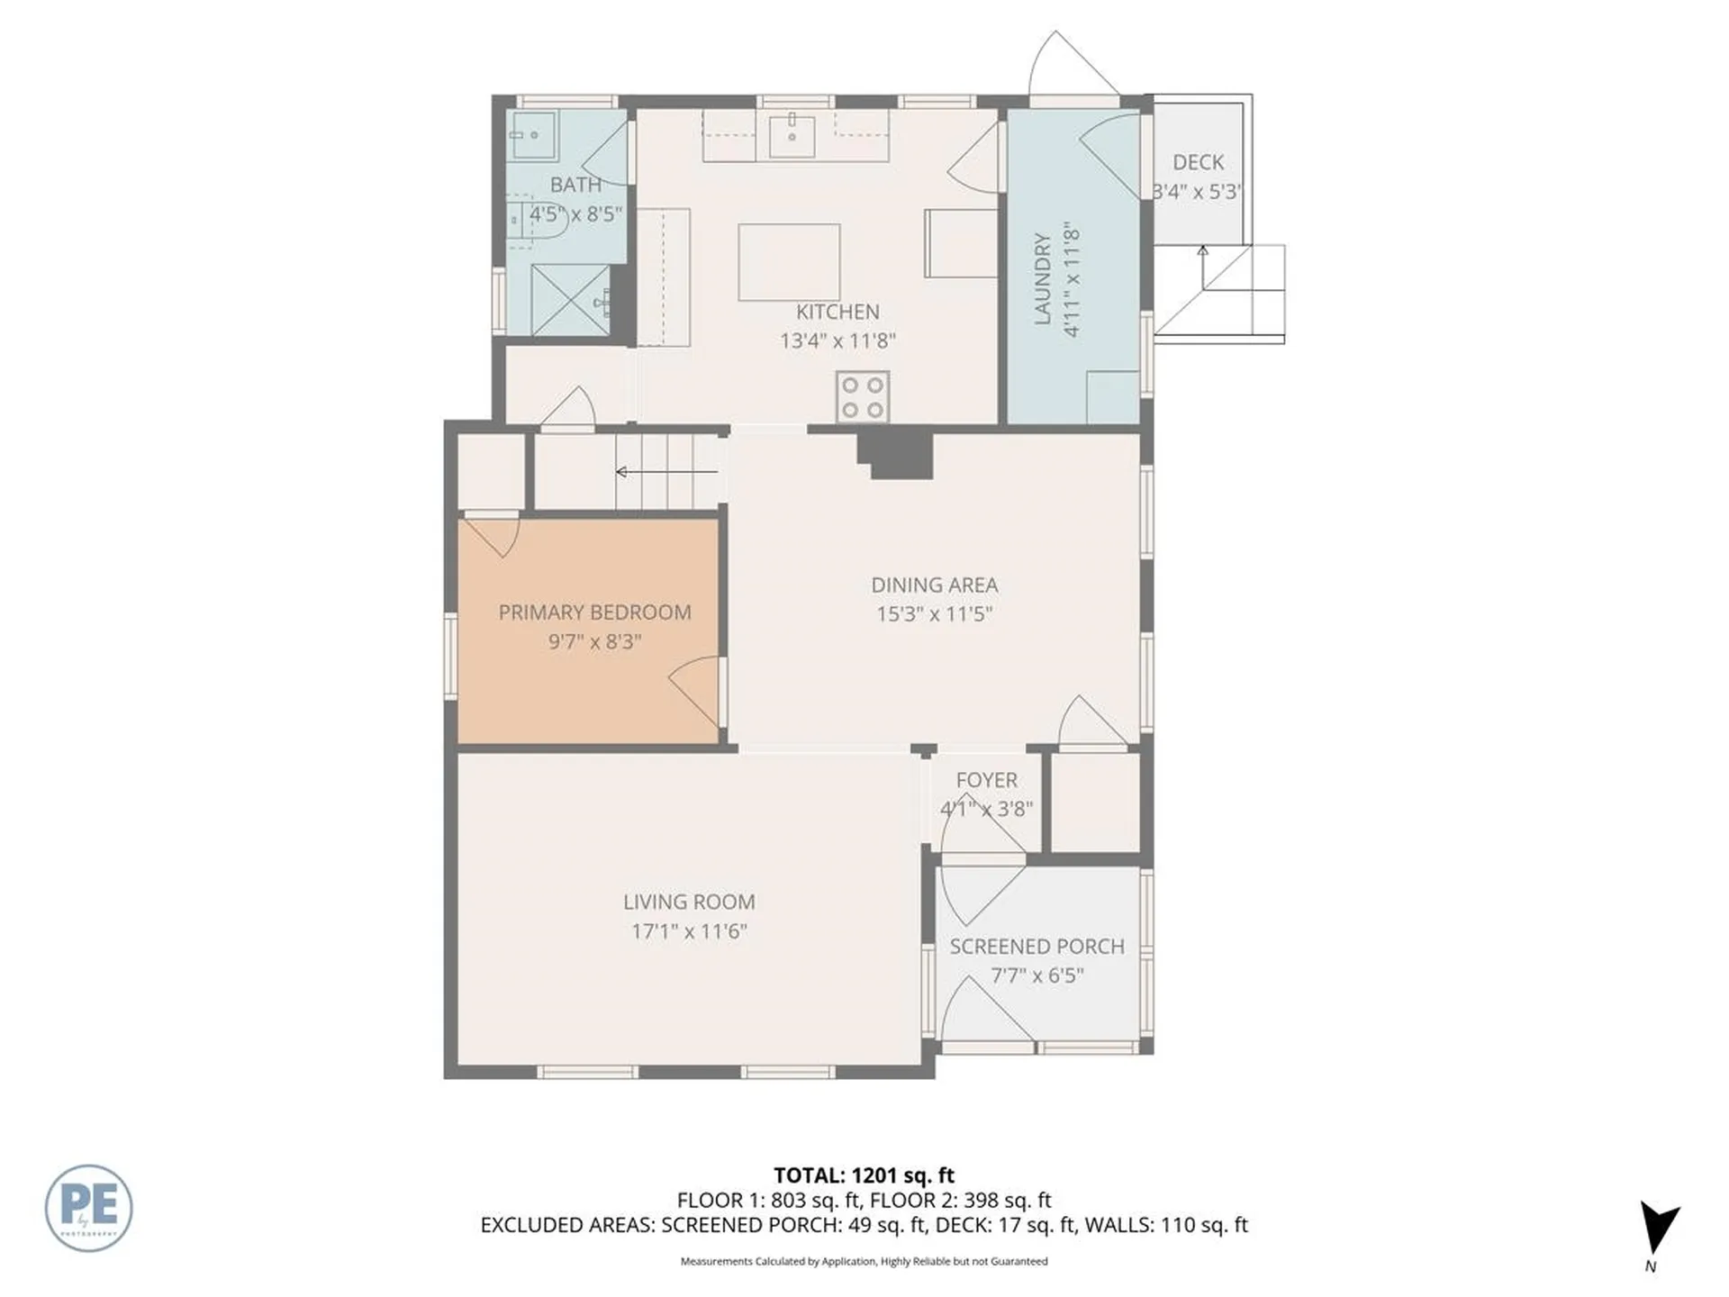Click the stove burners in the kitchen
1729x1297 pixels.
pyautogui.click(x=863, y=397)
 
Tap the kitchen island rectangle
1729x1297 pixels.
pyautogui.click(x=789, y=262)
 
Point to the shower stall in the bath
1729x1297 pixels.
pyautogui.click(x=570, y=300)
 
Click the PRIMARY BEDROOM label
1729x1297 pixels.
pyautogui.click(x=594, y=612)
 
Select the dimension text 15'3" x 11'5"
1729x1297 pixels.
pyautogui.click(x=934, y=614)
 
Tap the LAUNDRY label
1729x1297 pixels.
pyautogui.click(x=1042, y=278)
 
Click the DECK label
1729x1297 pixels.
pyautogui.click(x=1198, y=162)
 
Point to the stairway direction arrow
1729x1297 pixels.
pyautogui.click(x=666, y=472)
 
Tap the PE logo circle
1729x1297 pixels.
pyautogui.click(x=88, y=1208)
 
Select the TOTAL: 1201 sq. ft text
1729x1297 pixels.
pyautogui.click(x=864, y=1175)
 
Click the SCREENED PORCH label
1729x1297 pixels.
pyautogui.click(x=1036, y=947)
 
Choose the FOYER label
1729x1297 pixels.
pyautogui.click(x=986, y=780)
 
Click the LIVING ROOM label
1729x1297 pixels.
pyautogui.click(x=689, y=902)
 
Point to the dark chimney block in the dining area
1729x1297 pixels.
pyautogui.click(x=895, y=455)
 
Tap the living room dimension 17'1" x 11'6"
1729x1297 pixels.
pyautogui.click(x=689, y=931)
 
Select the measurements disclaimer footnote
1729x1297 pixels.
pyautogui.click(x=864, y=1261)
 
